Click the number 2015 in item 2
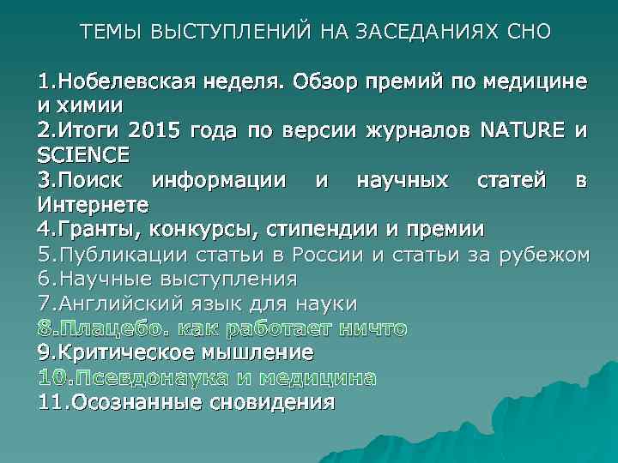(158, 131)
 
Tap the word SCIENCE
(83, 155)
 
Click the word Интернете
(93, 205)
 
